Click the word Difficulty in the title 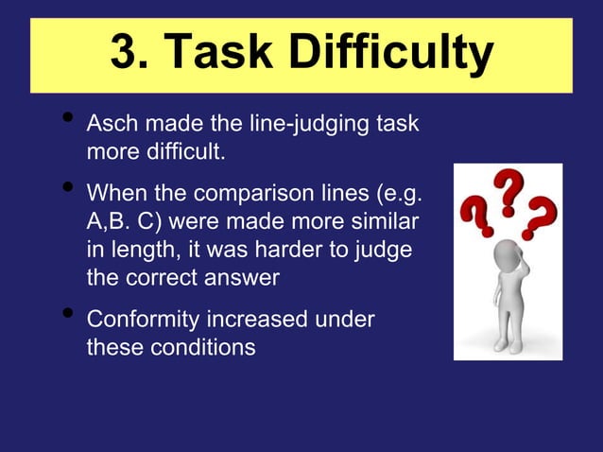click(x=390, y=55)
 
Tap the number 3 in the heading click(x=124, y=55)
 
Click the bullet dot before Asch click(x=65, y=119)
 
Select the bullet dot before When click(x=65, y=188)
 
